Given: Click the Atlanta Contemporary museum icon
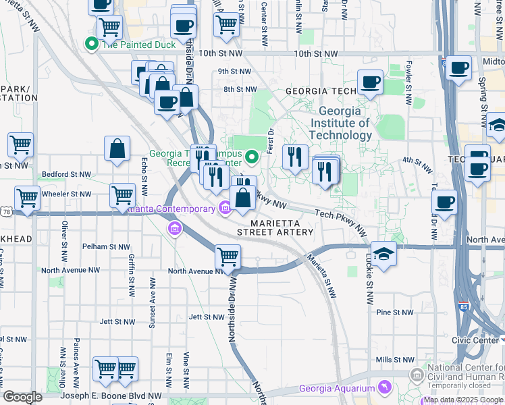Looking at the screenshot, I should pyautogui.click(x=223, y=208).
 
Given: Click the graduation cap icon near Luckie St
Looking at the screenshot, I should pyautogui.click(x=383, y=254).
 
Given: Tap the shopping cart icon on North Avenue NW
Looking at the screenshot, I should pyautogui.click(x=228, y=257).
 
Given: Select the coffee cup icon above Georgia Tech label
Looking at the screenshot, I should pyautogui.click(x=370, y=82).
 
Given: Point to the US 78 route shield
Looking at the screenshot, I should pyautogui.click(x=6, y=212).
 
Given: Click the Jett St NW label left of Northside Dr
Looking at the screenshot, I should pyautogui.click(x=205, y=317).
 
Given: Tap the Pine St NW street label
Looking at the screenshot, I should pyautogui.click(x=394, y=313).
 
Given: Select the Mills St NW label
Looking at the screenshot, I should pyautogui.click(x=394, y=360).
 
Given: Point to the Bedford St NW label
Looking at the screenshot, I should pyautogui.click(x=66, y=174).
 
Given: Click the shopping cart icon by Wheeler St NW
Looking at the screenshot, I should pyautogui.click(x=122, y=195).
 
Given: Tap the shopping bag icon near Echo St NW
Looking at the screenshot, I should pyautogui.click(x=117, y=149).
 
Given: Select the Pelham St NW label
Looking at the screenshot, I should pyautogui.click(x=104, y=246).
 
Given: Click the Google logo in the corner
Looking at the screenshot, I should pyautogui.click(x=23, y=397).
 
